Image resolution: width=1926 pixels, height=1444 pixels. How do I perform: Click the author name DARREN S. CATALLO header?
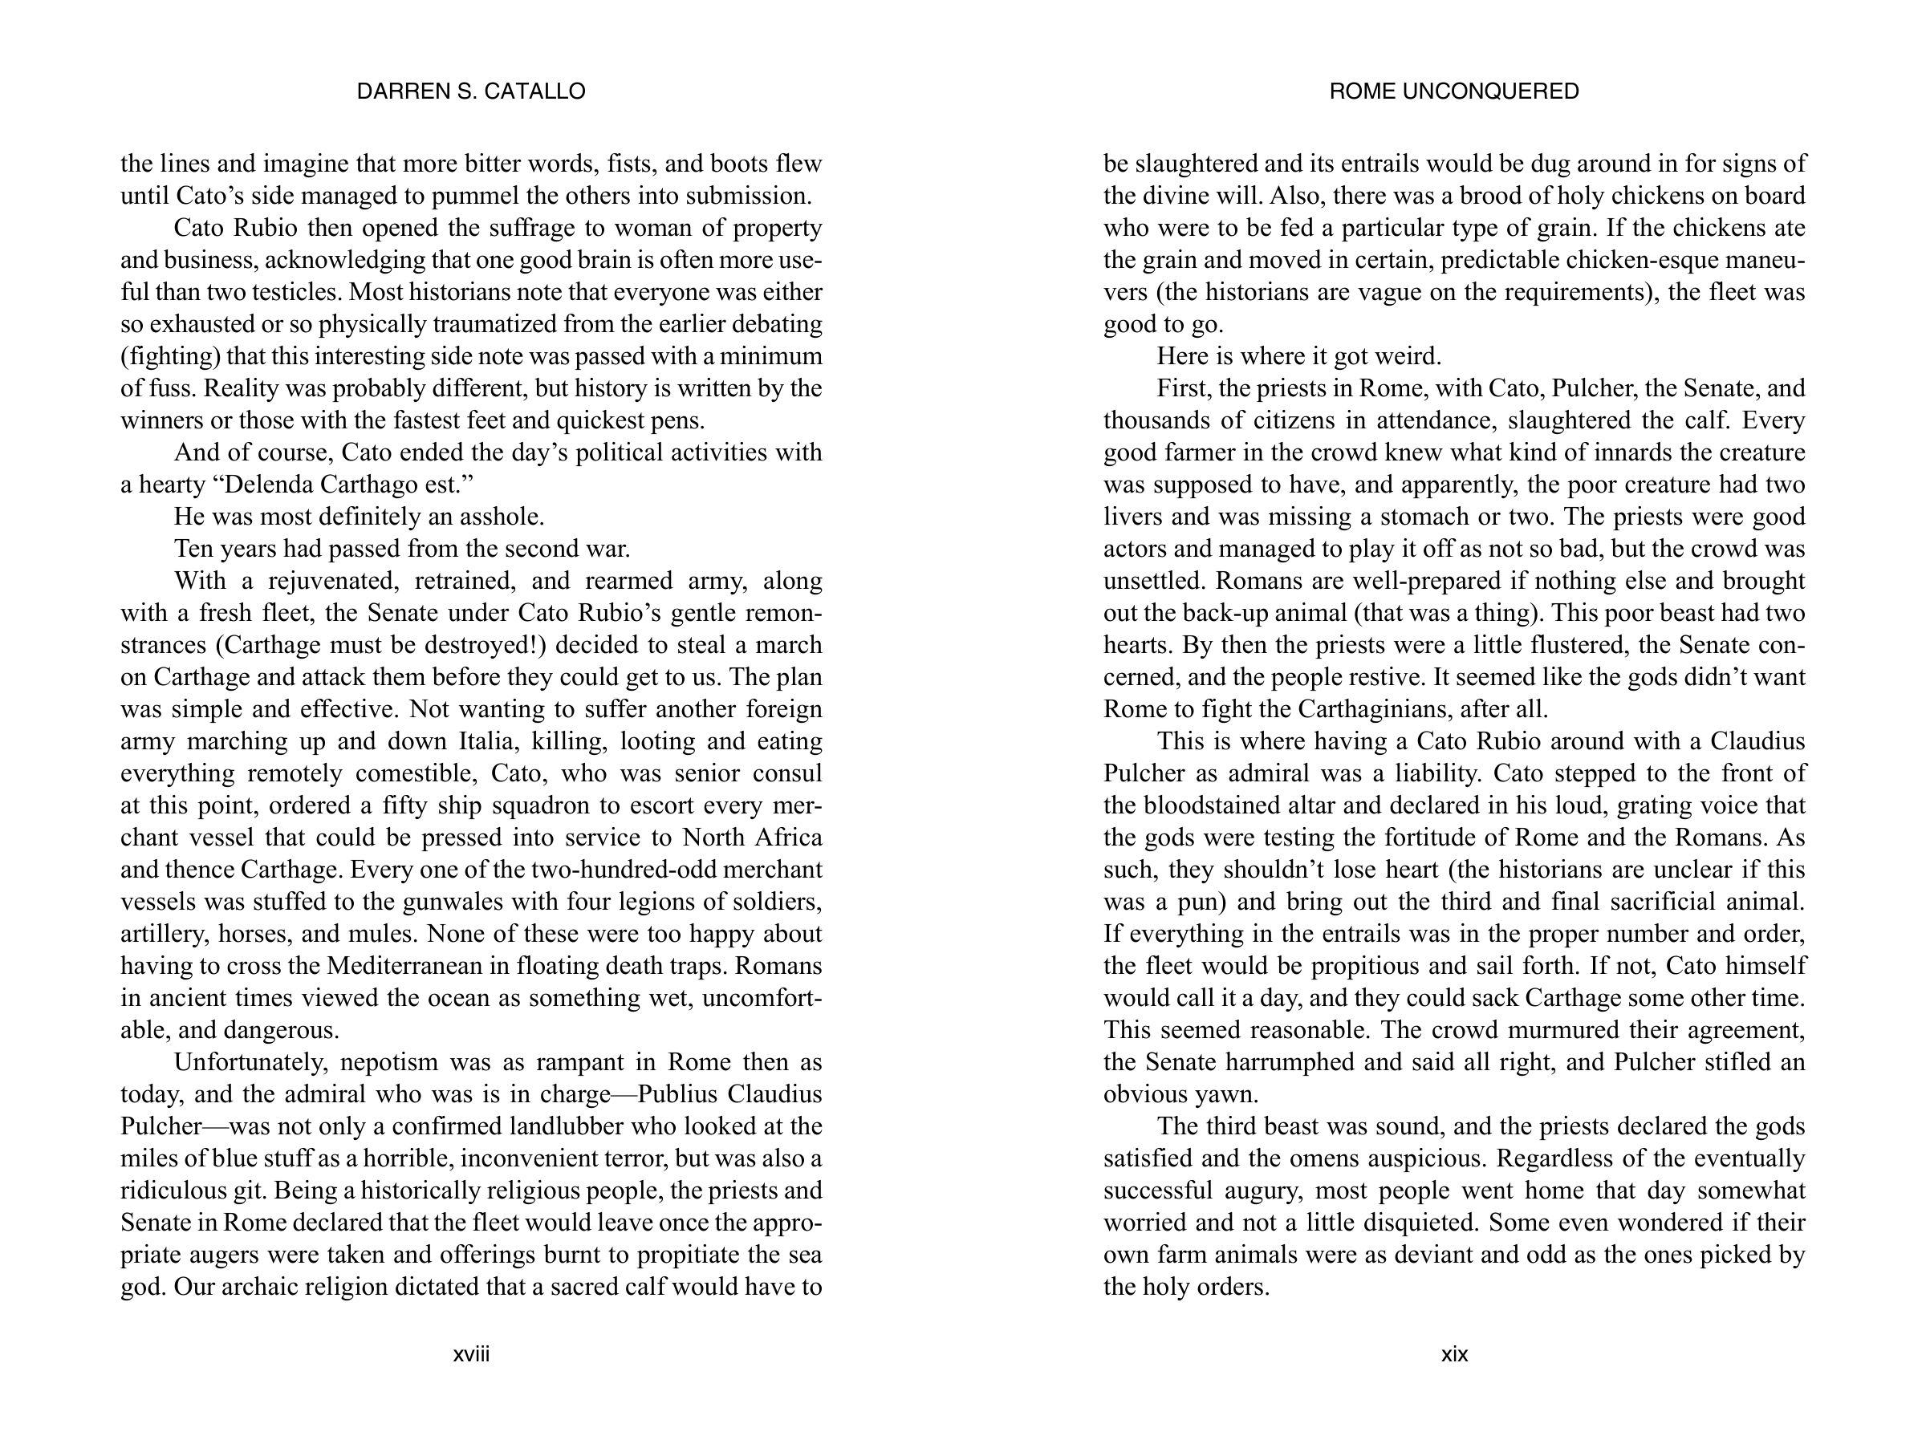[x=471, y=91]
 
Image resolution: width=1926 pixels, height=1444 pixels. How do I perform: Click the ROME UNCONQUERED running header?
[x=1453, y=91]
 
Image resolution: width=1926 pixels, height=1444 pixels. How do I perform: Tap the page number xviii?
[x=471, y=1354]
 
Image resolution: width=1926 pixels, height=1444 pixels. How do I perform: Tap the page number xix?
[x=1454, y=1354]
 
